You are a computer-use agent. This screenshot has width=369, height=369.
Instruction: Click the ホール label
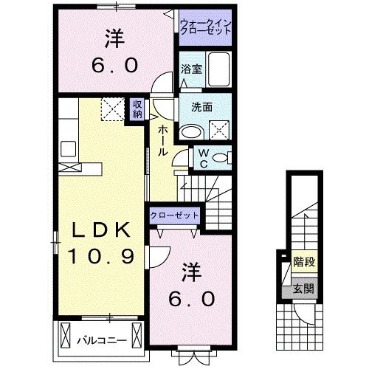(x=160, y=140)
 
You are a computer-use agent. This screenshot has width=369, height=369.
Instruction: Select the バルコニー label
(x=101, y=340)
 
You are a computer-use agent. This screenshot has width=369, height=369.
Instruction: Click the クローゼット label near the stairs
(x=174, y=214)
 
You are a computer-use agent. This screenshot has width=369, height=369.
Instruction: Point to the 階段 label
(x=302, y=261)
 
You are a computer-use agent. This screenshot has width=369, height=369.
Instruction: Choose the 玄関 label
(x=302, y=289)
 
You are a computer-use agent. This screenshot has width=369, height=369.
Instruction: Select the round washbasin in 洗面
(x=193, y=131)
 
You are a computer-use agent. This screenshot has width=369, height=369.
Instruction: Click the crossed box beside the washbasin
(x=219, y=131)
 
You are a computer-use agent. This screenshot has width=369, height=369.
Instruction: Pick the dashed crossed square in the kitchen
(x=113, y=108)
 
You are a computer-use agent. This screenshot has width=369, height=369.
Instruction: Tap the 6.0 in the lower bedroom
(x=194, y=298)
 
